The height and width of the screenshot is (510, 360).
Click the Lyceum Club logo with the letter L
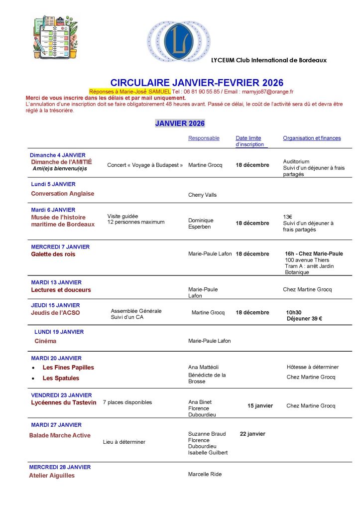coord(178,41)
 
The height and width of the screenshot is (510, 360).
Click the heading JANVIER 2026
coord(180,124)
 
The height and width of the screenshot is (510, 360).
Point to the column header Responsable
coord(204,138)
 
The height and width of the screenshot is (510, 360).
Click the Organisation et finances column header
coord(312,138)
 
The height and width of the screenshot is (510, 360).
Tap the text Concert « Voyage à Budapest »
coord(145,165)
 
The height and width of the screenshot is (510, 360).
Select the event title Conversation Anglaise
coord(62,194)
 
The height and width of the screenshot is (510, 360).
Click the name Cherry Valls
coord(202,195)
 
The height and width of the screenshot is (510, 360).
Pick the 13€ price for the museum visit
coord(287,217)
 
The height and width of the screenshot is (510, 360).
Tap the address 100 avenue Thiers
coord(307,260)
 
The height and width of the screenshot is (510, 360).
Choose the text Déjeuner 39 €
coord(304,319)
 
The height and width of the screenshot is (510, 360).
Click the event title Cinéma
coord(45,341)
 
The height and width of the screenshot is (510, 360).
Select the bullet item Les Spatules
coord(61,378)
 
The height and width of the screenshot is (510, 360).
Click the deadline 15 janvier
coord(260,406)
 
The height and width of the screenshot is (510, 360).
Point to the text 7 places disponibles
coord(127,402)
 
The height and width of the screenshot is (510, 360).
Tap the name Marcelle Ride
coord(205,474)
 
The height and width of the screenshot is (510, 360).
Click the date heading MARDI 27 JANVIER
coord(56,425)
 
